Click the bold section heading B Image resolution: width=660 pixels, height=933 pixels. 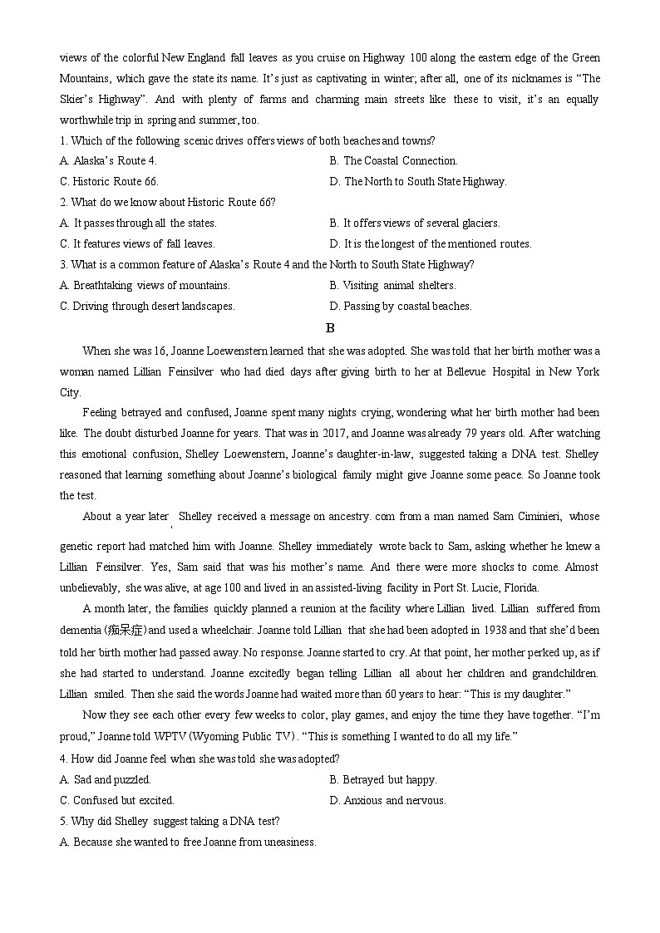click(x=330, y=327)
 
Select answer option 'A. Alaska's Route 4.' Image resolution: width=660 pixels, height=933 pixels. click(x=108, y=160)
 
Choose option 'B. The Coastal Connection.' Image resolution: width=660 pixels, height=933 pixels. click(x=393, y=160)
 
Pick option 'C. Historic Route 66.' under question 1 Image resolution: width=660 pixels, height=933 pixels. click(x=109, y=181)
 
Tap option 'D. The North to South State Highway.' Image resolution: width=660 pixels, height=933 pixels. click(x=417, y=181)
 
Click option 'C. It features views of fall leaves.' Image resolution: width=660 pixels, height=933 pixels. click(x=137, y=243)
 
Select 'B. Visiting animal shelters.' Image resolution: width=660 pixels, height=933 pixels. click(x=392, y=285)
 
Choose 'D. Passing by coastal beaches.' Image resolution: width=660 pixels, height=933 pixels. click(x=401, y=306)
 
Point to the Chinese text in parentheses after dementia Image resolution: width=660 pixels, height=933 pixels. click(x=125, y=630)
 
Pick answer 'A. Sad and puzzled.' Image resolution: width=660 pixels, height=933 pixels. click(x=106, y=779)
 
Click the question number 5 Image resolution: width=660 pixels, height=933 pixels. click(x=63, y=821)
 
